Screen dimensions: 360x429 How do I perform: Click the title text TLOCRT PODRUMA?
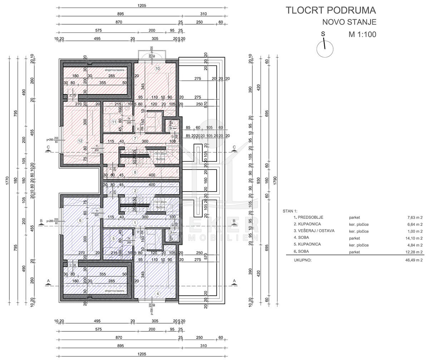pyautogui.click(x=331, y=10)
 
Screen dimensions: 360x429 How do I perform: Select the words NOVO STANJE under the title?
pyautogui.click(x=349, y=22)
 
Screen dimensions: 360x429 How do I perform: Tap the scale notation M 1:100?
pyautogui.click(x=363, y=35)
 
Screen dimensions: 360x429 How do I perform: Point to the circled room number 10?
pyautogui.click(x=157, y=68)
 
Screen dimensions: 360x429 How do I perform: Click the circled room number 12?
pyautogui.click(x=80, y=140)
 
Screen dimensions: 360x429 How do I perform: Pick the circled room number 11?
pyautogui.click(x=114, y=122)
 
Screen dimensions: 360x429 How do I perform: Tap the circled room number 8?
pyautogui.click(x=135, y=172)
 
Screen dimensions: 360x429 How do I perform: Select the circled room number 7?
pyautogui.click(x=135, y=138)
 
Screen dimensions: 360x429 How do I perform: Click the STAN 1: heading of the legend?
pyautogui.click(x=290, y=211)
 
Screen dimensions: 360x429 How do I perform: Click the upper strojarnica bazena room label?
pyautogui.click(x=115, y=70)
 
